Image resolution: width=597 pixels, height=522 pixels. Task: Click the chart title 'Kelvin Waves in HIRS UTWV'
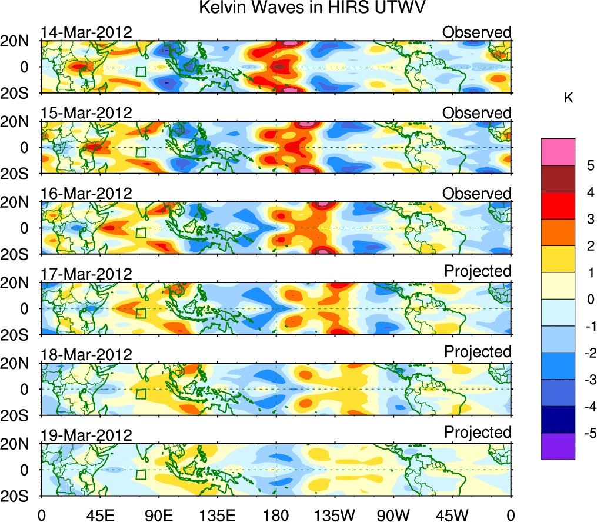coord(312,8)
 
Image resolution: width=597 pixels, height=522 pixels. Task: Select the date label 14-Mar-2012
coord(86,32)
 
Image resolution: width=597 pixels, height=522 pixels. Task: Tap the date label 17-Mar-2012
coord(86,274)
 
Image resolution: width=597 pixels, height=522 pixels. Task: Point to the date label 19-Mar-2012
coord(86,435)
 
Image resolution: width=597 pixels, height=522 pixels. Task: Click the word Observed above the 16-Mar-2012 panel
coord(477,193)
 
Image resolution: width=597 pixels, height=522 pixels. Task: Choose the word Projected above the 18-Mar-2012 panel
coord(478,351)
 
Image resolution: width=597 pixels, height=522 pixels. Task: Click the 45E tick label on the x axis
coord(99,515)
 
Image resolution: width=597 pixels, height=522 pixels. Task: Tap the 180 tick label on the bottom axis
coord(276,515)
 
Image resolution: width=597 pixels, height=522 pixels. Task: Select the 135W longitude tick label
coord(335,515)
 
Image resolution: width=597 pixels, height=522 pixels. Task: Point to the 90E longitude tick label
coord(158,515)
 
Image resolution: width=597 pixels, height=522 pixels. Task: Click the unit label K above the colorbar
coord(568,98)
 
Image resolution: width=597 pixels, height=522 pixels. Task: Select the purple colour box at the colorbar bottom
coord(558,446)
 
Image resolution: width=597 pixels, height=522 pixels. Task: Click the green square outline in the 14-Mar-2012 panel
coord(141,72)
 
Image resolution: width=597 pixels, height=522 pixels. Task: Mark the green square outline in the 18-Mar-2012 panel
coord(141,394)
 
